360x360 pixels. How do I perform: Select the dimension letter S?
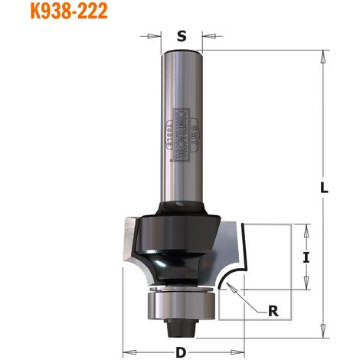182,34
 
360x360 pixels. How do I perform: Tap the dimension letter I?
306,257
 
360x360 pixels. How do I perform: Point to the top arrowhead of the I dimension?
306,227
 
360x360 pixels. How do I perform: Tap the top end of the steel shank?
182,52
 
